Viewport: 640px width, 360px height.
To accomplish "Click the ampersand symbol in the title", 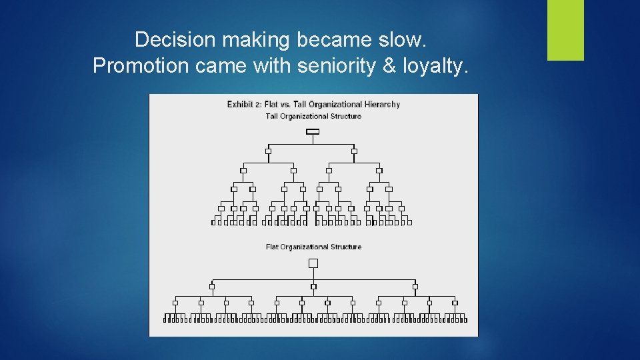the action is [x=389, y=65].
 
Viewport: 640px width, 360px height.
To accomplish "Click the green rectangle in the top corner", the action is [x=565, y=30].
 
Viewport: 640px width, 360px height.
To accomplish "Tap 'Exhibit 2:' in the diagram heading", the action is [x=244, y=104].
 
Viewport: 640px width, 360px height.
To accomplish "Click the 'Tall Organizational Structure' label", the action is [x=313, y=116].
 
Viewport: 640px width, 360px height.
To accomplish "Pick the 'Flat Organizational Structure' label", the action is [x=313, y=247].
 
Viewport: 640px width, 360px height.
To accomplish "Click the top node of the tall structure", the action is [x=312, y=131].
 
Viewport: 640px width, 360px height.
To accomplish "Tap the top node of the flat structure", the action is [x=313, y=263].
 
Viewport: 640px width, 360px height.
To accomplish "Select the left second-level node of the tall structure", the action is [x=268, y=151].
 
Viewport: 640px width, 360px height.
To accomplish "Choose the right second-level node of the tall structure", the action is [x=354, y=151].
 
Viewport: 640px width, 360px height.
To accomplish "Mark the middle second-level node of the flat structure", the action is [x=313, y=287].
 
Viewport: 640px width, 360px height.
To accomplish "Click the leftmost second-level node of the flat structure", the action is [x=212, y=287].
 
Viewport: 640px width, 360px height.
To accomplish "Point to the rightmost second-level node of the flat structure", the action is [x=415, y=287].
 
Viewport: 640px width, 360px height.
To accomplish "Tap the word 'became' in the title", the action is [x=328, y=40].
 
